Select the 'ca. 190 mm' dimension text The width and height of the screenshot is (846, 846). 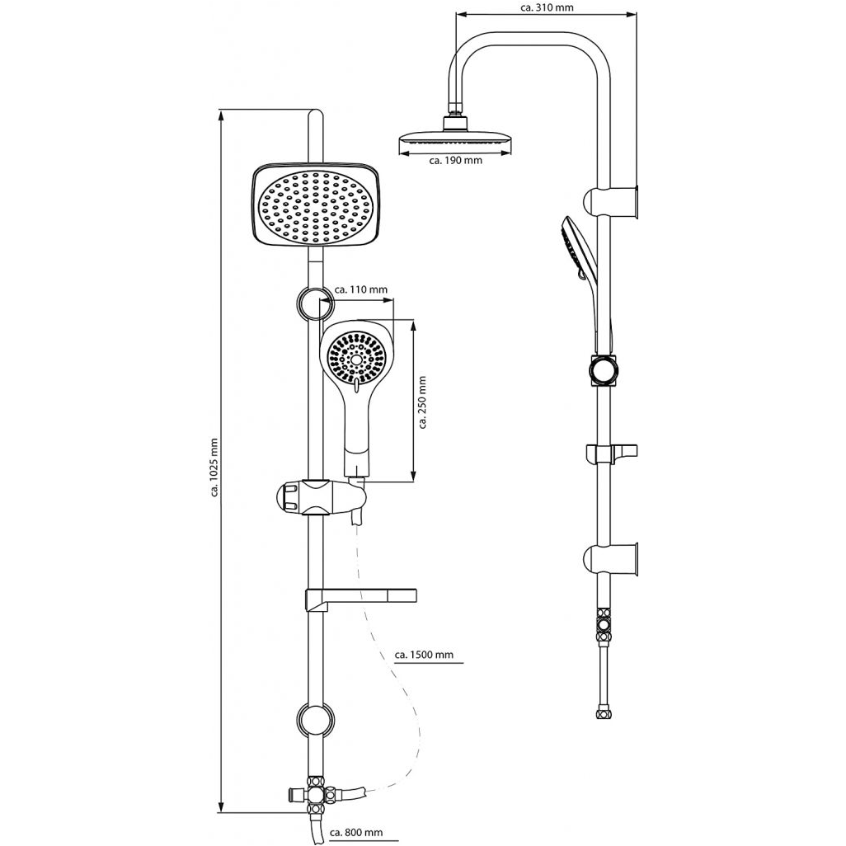click(x=456, y=160)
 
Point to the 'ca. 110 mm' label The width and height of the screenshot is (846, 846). click(x=360, y=289)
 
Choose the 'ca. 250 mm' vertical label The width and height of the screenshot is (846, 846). click(x=422, y=402)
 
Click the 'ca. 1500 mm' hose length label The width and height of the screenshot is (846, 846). click(x=424, y=655)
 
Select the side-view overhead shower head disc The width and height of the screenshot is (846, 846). click(x=455, y=143)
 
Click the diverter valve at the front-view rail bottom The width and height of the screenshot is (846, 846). click(x=317, y=795)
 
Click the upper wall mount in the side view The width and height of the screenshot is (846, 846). click(x=611, y=202)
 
